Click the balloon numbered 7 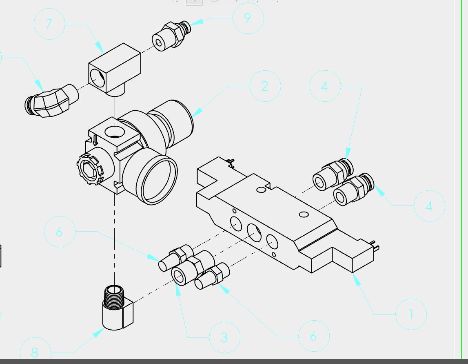point(49,24)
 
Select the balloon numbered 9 point(248,18)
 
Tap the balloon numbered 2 point(265,86)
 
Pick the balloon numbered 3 point(224,337)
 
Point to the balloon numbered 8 point(35,352)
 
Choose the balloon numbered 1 point(411,314)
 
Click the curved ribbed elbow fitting point(51,100)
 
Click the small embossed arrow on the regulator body point(95,140)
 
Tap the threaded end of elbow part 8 point(114,296)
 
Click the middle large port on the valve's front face point(254,232)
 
